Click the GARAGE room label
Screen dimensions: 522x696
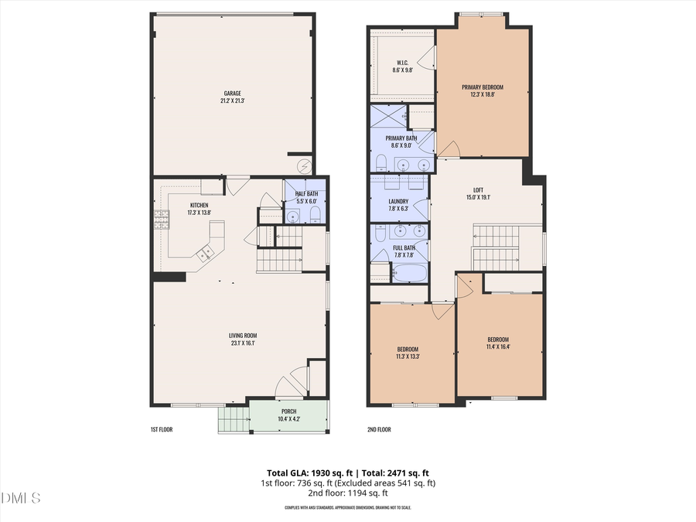coord(233,94)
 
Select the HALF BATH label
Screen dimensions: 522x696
coord(306,193)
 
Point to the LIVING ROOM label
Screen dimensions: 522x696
coord(242,335)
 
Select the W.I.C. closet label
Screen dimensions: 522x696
coord(402,63)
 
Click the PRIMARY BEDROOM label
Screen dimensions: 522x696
coord(482,87)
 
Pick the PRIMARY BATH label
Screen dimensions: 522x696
coord(401,138)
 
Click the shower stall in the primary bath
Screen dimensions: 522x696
coord(388,117)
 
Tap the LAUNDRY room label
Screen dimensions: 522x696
coord(399,201)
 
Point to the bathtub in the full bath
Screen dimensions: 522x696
coord(409,274)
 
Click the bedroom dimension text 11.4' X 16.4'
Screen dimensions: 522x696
coord(498,346)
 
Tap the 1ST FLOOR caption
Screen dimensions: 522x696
coord(162,429)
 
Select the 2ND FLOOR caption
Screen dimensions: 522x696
coord(379,429)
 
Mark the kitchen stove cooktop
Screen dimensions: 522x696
coord(161,221)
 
